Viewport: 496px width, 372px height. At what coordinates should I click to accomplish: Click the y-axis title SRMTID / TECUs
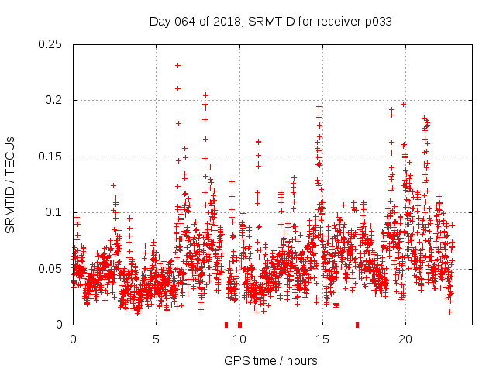[x=11, y=184]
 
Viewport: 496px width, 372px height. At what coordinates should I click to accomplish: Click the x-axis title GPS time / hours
[x=270, y=360]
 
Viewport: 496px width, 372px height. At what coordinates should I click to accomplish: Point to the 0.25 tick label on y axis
[x=52, y=44]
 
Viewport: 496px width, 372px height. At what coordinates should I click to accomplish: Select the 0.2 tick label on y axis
[x=55, y=101]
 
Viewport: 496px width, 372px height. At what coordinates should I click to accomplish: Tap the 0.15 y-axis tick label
[x=52, y=157]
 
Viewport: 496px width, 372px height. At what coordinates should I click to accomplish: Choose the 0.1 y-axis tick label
[x=55, y=213]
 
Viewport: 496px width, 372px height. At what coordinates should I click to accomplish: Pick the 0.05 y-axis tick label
[x=52, y=269]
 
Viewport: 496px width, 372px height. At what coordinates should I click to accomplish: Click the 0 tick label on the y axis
[x=61, y=325]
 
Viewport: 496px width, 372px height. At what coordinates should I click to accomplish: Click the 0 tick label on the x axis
[x=73, y=339]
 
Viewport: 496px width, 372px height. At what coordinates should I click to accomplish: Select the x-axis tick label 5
[x=156, y=339]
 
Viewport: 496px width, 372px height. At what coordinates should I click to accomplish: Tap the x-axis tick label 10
[x=239, y=339]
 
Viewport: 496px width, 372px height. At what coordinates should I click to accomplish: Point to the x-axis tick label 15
[x=322, y=339]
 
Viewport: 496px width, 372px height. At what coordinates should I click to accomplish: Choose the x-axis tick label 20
[x=405, y=339]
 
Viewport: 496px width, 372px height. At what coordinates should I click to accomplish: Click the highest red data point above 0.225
[x=178, y=65]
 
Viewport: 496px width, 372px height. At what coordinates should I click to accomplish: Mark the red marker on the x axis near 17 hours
[x=357, y=324]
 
